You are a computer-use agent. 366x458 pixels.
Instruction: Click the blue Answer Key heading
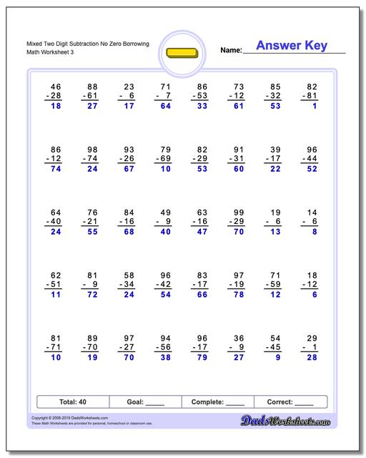click(292, 46)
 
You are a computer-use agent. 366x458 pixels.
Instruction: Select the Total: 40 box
click(73, 401)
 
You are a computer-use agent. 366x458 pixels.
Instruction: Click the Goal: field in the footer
click(145, 401)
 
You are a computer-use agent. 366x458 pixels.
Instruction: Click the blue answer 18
click(56, 106)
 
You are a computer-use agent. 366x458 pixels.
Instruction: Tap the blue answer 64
click(165, 106)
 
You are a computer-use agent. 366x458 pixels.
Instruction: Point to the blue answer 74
click(56, 169)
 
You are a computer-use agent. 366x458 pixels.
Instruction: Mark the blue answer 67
click(129, 169)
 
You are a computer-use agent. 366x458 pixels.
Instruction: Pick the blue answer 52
click(311, 169)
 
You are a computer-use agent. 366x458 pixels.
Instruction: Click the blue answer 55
click(92, 232)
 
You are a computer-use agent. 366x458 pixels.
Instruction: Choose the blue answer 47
click(202, 232)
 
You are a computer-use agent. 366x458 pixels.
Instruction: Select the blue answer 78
click(238, 294)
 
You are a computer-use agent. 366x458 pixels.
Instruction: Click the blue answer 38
click(165, 357)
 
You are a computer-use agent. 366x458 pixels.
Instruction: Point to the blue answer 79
click(202, 357)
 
